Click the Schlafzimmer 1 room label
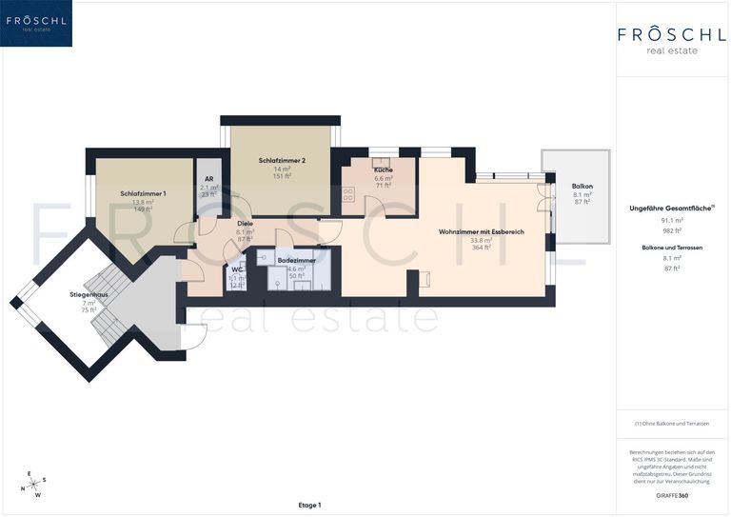[x=143, y=193]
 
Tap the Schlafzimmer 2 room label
[x=282, y=161]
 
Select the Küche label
[x=384, y=169]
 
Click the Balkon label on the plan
[x=583, y=186]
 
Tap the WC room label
[x=237, y=269]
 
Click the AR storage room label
[x=208, y=179]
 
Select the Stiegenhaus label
[x=89, y=295]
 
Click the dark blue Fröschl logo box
[x=37, y=23]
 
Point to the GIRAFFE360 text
[x=672, y=497]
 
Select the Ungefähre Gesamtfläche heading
[x=671, y=208]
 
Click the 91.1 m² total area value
[x=672, y=221]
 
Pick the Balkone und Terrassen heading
[x=672, y=247]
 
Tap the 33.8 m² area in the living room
[x=481, y=240]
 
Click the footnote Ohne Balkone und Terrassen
[x=672, y=423]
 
